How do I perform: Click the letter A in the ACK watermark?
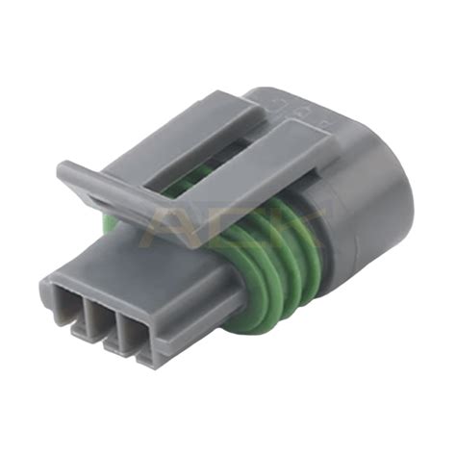click(x=179, y=226)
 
